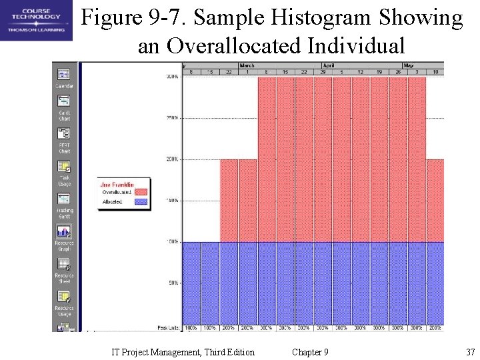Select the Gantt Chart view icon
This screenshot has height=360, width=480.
(65, 101)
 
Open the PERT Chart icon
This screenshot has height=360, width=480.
(65, 134)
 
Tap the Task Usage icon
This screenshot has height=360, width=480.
(65, 167)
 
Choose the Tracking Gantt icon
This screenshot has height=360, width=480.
(65, 199)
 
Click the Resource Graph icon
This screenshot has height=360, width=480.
(65, 232)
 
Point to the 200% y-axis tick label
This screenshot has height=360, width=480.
(172, 159)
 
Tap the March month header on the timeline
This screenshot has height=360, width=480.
(247, 66)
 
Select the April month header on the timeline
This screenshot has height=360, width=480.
(329, 66)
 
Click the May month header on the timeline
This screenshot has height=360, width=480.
(408, 66)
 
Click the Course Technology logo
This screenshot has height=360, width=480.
(35, 20)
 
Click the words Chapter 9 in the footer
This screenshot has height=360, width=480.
(310, 352)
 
